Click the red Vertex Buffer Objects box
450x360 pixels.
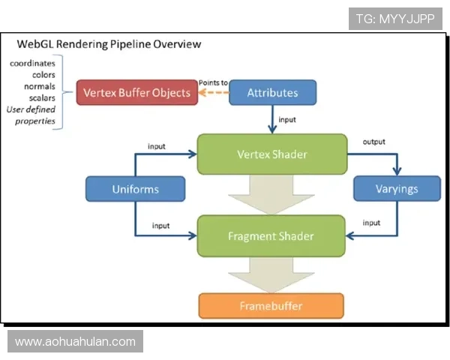137,92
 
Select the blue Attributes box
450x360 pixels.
273,92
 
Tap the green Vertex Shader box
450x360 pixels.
272,154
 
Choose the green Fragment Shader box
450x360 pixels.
271,236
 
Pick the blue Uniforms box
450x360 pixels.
135,189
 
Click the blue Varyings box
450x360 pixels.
397,188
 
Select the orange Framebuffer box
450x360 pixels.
271,306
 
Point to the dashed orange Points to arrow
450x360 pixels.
214,92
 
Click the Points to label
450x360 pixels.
213,82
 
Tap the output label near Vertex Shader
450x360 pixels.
374,142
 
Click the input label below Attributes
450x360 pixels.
287,119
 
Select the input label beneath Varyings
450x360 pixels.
371,223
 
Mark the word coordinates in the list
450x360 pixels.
32,63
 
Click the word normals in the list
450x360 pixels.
40,86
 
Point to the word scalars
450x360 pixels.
42,98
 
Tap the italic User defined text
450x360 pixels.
31,109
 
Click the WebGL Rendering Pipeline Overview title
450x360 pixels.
109,44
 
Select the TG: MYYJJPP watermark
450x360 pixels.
395,19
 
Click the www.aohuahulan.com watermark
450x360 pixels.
75,341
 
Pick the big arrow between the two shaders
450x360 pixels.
271,195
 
